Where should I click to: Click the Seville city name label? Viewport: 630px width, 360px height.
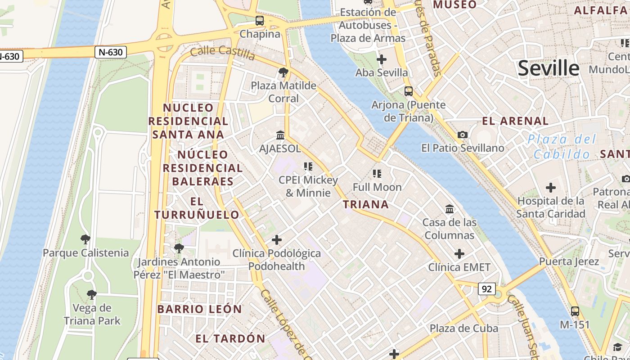click(548, 68)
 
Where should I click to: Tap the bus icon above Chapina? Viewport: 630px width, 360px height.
click(260, 21)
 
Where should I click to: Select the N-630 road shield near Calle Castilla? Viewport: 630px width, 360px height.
click(111, 52)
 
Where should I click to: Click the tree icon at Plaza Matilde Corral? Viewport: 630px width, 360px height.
click(283, 72)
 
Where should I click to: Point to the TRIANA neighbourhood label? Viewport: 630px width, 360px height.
click(366, 205)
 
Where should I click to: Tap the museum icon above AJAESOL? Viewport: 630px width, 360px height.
click(280, 135)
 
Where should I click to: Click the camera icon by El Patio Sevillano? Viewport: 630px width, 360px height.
click(462, 135)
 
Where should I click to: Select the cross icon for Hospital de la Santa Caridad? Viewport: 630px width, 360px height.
click(550, 188)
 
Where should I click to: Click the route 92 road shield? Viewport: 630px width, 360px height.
click(486, 289)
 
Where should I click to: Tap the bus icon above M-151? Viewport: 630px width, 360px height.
click(575, 311)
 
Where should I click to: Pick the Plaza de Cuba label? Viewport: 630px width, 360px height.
click(463, 328)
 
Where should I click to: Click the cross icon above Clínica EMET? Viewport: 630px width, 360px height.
click(459, 254)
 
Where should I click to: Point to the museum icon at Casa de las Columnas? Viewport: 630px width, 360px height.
click(449, 209)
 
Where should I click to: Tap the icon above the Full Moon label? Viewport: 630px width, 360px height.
click(377, 173)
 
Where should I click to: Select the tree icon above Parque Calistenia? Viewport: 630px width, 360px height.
click(85, 239)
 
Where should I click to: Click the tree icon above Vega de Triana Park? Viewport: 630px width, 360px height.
click(92, 295)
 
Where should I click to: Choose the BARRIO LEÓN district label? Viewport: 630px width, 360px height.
click(199, 309)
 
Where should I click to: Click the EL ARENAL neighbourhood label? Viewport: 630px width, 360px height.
click(515, 121)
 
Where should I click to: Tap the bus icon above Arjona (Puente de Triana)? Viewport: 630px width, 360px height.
click(408, 91)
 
